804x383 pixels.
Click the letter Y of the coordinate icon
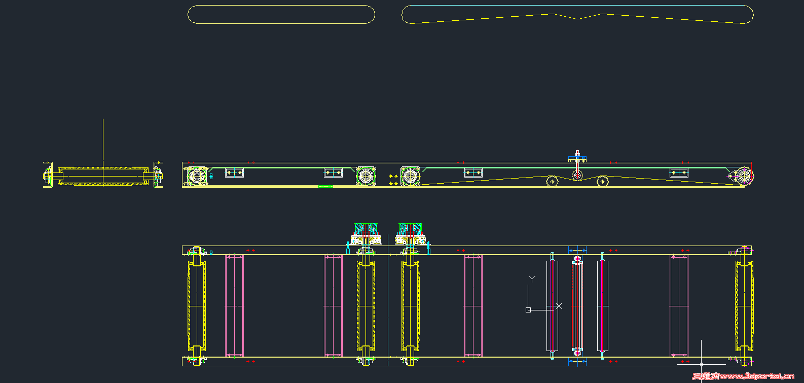[532, 279]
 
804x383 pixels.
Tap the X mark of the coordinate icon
[559, 306]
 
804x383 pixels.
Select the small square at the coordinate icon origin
[528, 309]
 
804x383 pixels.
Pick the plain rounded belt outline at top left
[281, 14]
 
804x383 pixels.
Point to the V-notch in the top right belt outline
[578, 18]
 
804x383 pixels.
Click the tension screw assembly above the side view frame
[577, 157]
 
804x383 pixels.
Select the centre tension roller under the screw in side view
[577, 176]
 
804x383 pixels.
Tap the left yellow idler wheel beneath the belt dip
[552, 181]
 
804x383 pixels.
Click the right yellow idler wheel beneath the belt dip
[602, 181]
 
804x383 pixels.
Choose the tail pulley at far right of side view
[743, 176]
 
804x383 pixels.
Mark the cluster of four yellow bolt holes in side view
[393, 180]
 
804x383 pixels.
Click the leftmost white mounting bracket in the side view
[234, 172]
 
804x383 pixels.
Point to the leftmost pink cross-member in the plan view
[234, 305]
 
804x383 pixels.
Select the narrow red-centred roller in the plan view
[602, 305]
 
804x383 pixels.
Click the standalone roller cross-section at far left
[103, 176]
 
